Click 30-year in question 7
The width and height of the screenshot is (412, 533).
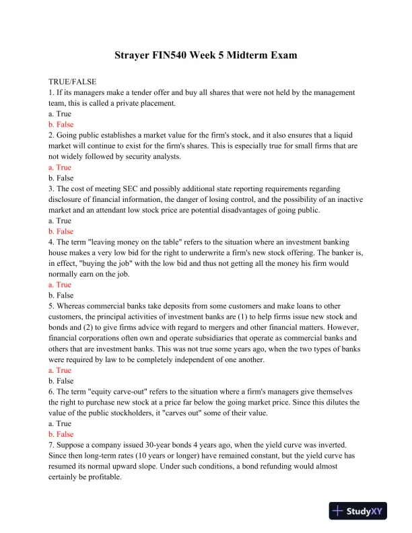[x=148, y=444]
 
